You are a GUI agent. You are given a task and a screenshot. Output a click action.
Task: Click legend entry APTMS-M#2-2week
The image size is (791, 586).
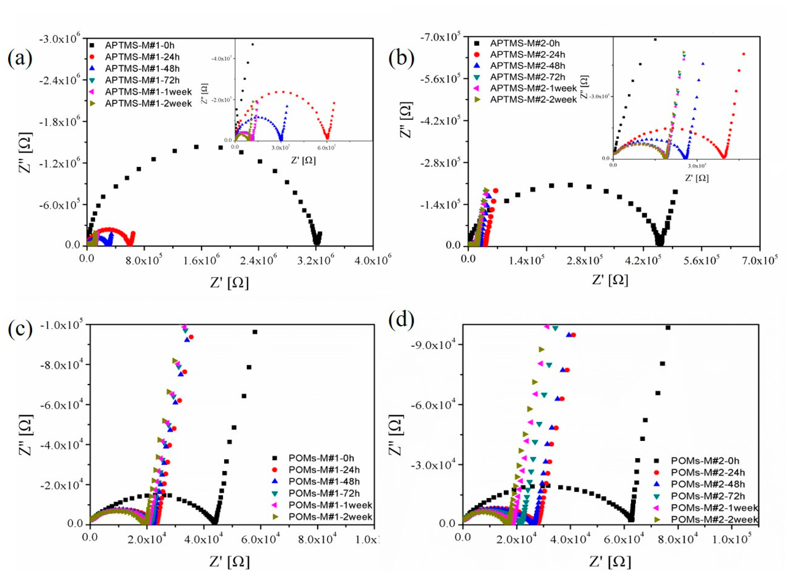pos(533,100)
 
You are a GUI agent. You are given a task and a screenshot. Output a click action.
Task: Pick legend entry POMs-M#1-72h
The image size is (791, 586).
pos(324,493)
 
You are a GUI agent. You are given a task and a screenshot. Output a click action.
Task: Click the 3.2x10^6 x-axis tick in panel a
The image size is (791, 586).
pos(316,261)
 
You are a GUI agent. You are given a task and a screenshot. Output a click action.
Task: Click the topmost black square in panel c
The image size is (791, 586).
pos(254,332)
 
